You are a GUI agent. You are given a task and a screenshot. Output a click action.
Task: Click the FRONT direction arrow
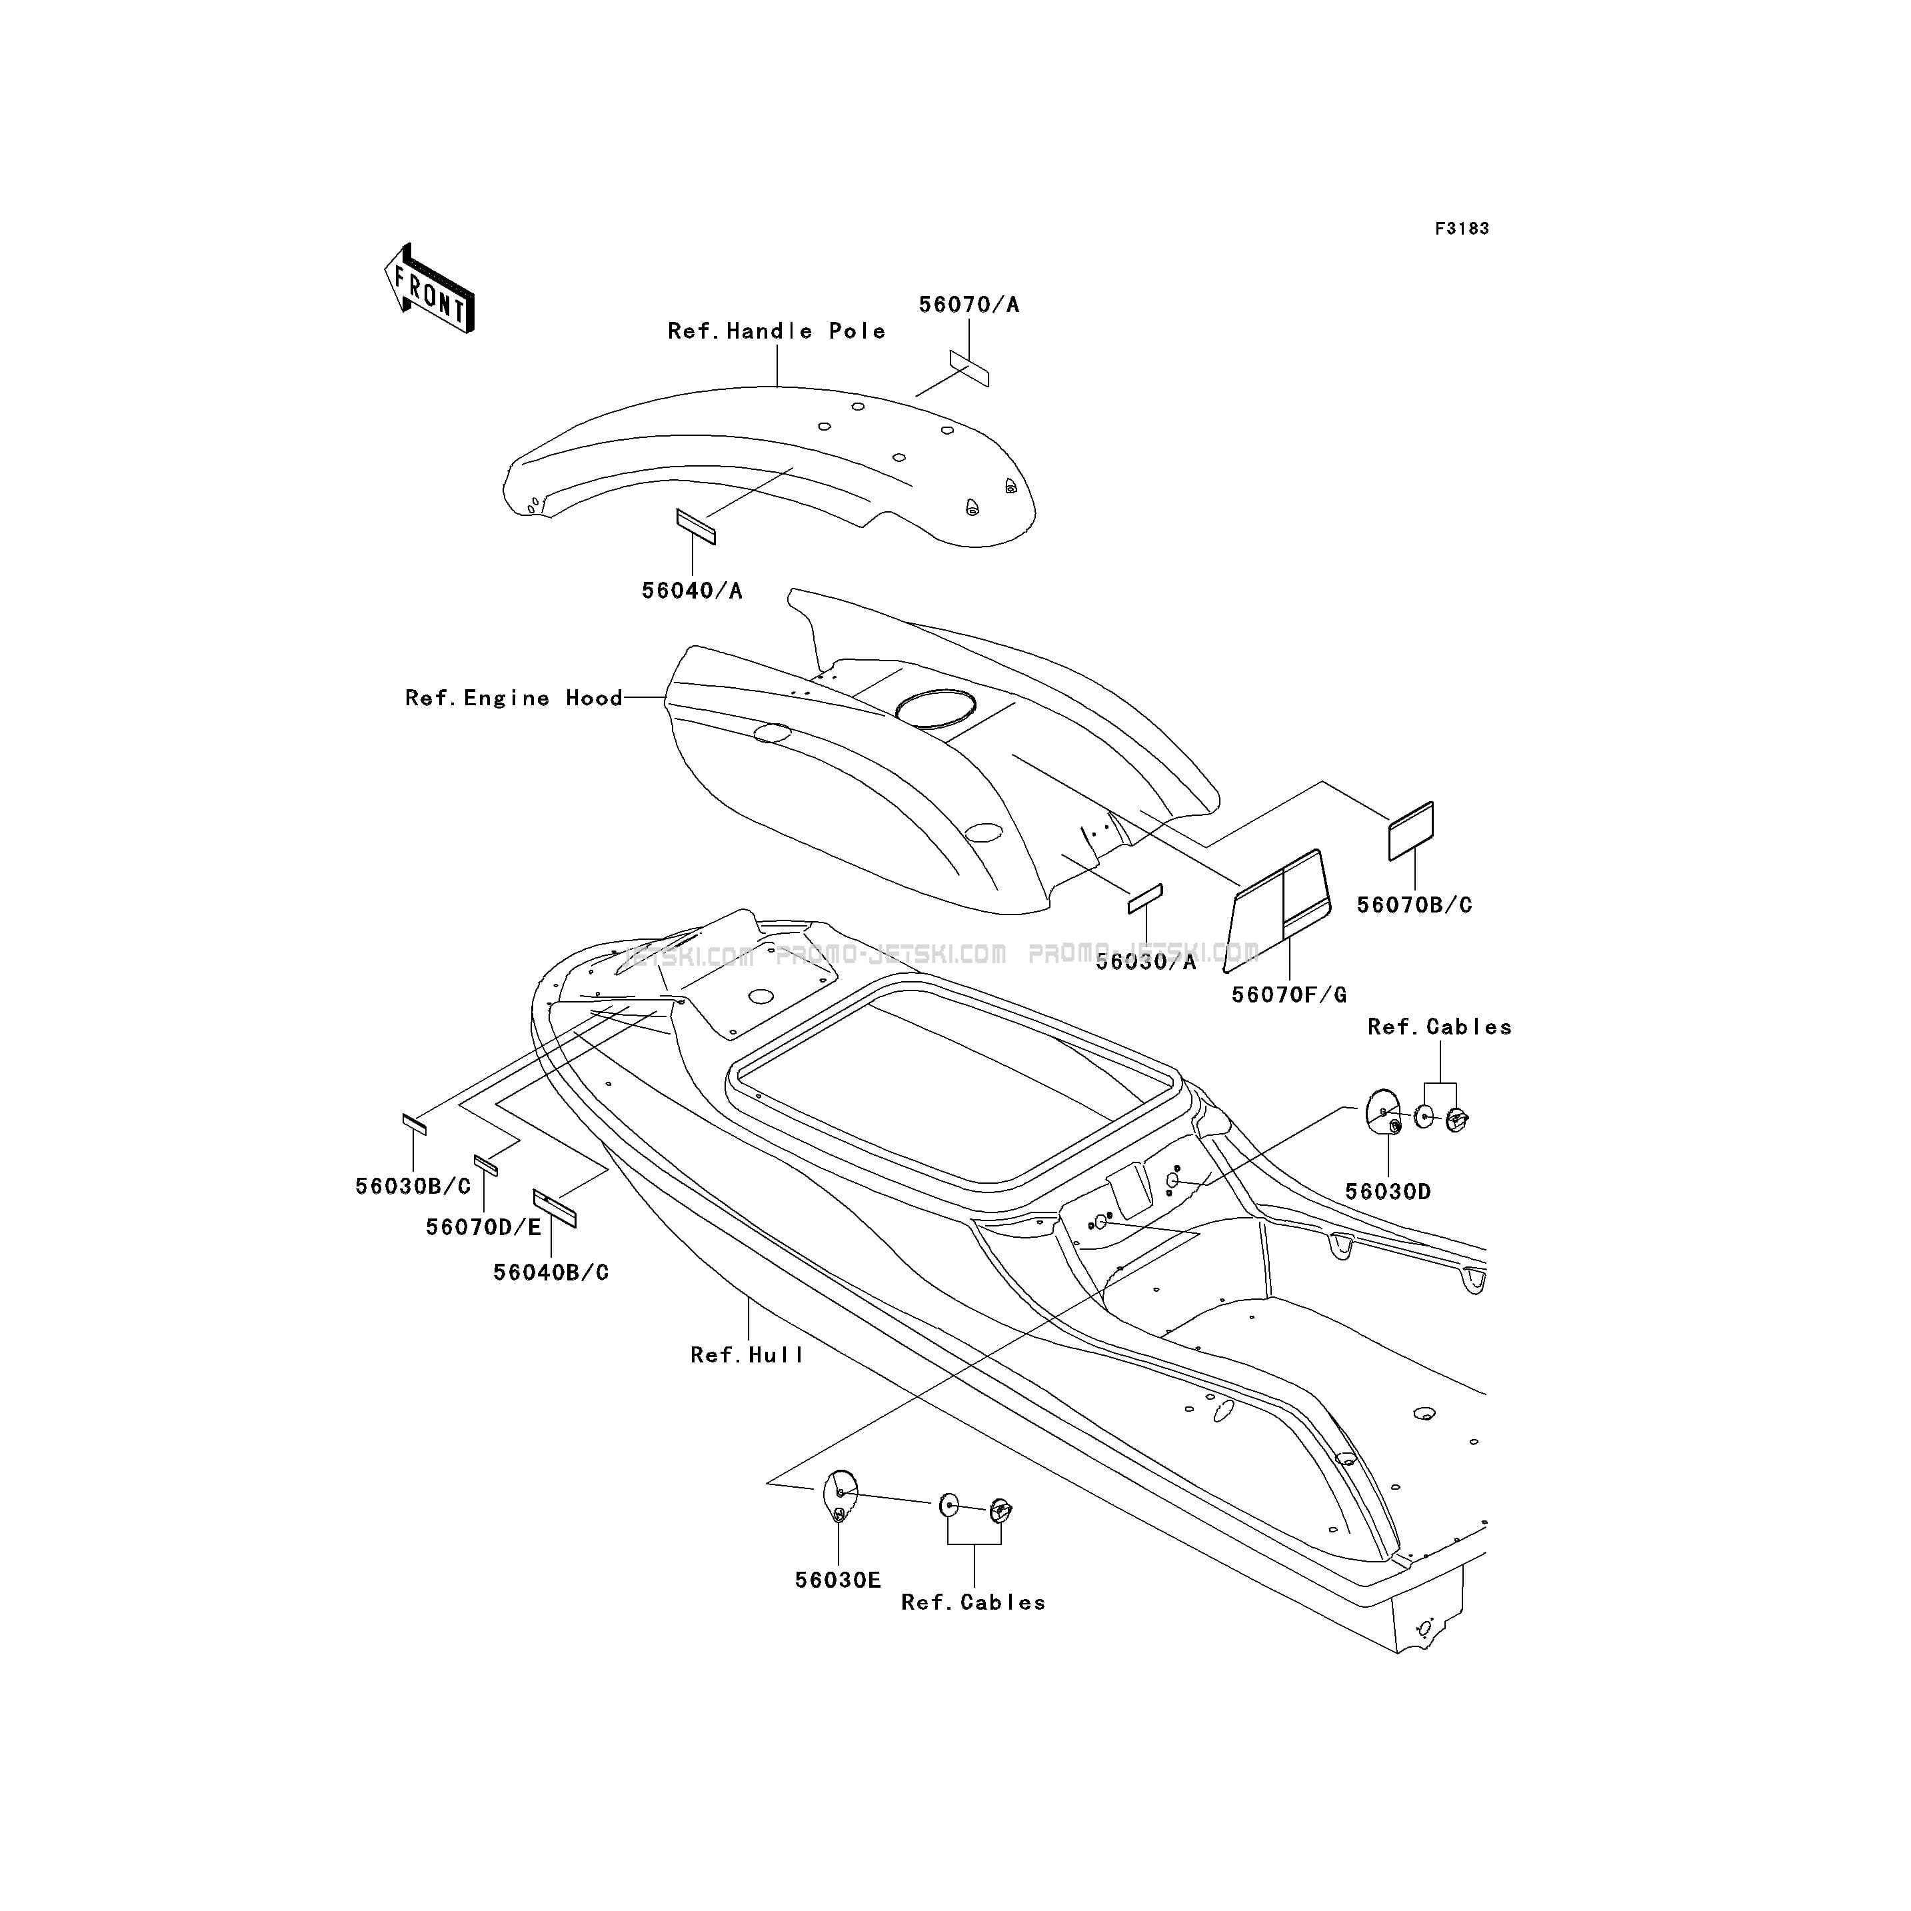(429, 288)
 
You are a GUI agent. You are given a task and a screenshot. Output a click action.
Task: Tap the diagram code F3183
(1462, 229)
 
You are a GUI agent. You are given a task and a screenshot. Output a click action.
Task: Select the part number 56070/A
(968, 305)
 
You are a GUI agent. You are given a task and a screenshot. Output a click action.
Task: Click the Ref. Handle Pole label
(777, 331)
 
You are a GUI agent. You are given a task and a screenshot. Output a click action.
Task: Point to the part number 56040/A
(691, 591)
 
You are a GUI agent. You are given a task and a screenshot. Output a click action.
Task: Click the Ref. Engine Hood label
(513, 699)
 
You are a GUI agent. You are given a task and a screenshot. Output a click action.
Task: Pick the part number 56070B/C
(1414, 905)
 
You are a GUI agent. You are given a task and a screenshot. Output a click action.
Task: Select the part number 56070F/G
(1289, 995)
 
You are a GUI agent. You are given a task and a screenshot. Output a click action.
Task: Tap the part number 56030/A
(1145, 961)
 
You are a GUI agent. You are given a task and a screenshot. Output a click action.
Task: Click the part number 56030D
(1388, 1192)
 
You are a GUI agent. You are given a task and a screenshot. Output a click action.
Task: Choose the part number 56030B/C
(413, 1186)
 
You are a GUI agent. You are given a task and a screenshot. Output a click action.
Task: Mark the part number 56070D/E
(484, 1228)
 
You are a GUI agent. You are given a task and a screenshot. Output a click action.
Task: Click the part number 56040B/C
(551, 1273)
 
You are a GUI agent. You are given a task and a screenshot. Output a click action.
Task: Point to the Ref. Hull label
(747, 1355)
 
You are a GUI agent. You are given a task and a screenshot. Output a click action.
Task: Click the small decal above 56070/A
(969, 368)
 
